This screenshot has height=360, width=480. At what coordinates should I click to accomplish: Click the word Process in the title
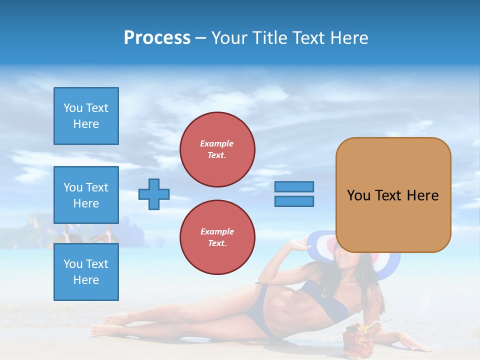click(x=157, y=38)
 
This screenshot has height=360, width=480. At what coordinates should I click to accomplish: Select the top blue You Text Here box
click(x=86, y=116)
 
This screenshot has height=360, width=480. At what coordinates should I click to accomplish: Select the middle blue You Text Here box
click(x=86, y=195)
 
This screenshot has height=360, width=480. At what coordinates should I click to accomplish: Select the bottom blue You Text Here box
click(x=86, y=272)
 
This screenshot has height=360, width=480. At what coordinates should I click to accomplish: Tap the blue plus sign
click(x=154, y=194)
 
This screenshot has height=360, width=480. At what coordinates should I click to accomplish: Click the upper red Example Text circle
click(x=217, y=149)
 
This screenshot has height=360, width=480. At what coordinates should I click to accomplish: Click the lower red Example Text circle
click(x=217, y=237)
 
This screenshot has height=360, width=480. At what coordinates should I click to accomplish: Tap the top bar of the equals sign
click(x=294, y=186)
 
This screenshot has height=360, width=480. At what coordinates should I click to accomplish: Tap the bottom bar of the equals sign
click(x=294, y=201)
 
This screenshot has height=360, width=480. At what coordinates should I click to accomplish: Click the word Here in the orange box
click(x=422, y=195)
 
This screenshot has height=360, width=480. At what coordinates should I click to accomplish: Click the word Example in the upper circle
click(x=217, y=143)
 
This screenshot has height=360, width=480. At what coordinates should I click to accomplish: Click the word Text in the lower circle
click(x=216, y=243)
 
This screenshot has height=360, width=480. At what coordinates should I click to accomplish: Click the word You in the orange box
click(x=358, y=195)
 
